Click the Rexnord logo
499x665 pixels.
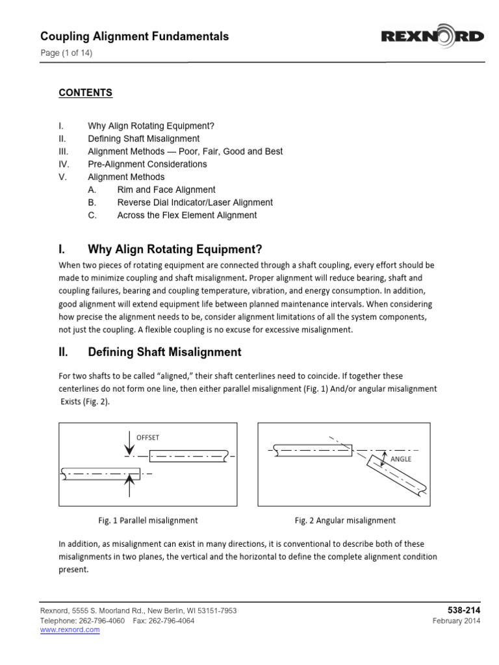(432, 36)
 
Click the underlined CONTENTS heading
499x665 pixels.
(85, 93)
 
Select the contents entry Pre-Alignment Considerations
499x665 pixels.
(147, 164)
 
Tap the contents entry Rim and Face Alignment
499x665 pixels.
(166, 190)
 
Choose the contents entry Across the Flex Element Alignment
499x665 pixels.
(186, 215)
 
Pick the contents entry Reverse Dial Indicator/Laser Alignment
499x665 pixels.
(194, 203)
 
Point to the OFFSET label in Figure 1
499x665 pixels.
(149, 436)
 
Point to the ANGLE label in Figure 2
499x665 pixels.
(401, 458)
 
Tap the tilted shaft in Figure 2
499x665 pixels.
(394, 475)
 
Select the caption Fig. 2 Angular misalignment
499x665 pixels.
(345, 520)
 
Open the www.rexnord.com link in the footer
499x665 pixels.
(70, 630)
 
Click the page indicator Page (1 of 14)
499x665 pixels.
(66, 53)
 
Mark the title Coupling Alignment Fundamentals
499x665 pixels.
(134, 36)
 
